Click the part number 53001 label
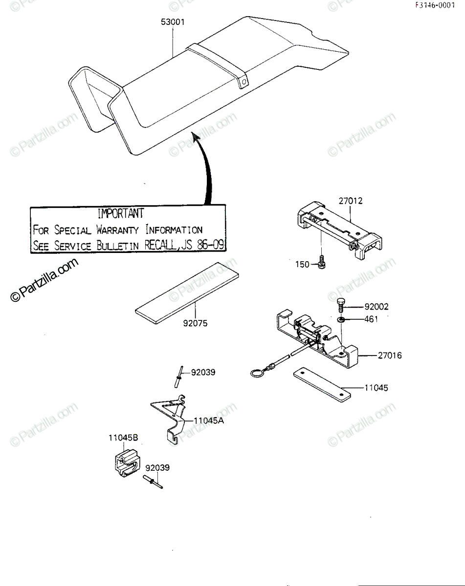tap(173, 22)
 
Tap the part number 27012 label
tap(351, 201)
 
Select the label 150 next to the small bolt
tap(302, 264)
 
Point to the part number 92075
tap(195, 323)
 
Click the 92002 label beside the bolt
tap(376, 307)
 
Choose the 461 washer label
tap(371, 319)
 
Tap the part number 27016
tap(390, 356)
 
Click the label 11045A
tap(209, 420)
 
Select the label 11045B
tap(123, 438)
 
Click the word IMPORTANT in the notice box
tap(121, 213)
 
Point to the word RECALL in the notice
tap(160, 245)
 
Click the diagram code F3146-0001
tap(435, 5)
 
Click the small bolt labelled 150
tap(322, 262)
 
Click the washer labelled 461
tap(341, 319)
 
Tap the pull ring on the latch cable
tap(256, 373)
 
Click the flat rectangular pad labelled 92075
tap(187, 293)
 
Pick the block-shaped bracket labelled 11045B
tap(127, 462)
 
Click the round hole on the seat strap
tap(244, 82)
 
